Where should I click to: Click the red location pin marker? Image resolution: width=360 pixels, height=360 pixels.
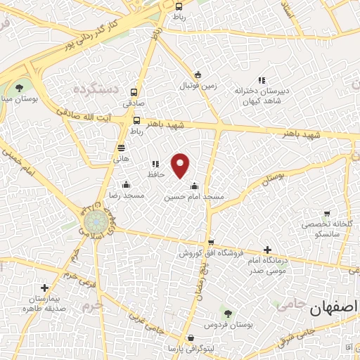[x=181, y=165]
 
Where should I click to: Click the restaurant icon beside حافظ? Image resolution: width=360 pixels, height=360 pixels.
[x=155, y=164]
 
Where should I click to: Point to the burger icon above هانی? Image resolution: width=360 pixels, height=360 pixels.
[x=122, y=148]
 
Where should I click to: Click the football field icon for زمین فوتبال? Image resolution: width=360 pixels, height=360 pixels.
[x=198, y=76]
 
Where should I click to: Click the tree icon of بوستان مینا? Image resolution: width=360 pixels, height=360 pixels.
[x=19, y=89]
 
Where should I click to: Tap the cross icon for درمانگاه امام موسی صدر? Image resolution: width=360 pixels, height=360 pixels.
[x=267, y=249]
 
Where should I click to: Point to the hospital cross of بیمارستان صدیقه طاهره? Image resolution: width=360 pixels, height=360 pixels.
[x=45, y=288]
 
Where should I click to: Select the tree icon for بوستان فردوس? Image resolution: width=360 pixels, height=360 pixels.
[x=224, y=314]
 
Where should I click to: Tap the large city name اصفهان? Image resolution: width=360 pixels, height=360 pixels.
[x=333, y=307]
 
